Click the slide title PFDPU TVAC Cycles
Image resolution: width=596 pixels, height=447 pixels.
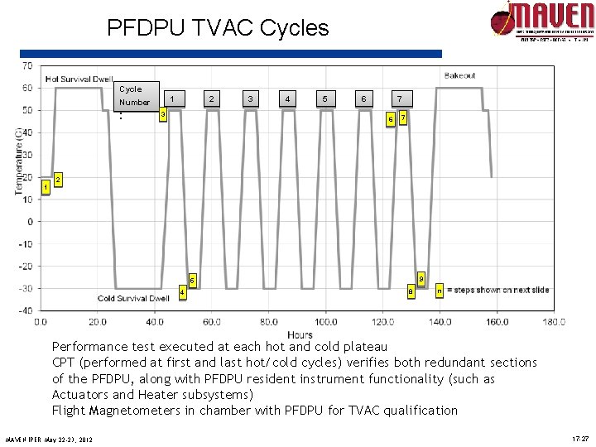pyautogui.click(x=218, y=28)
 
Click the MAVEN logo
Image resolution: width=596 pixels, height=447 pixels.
pyautogui.click(x=541, y=21)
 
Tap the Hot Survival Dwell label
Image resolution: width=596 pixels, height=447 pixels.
pyautogui.click(x=79, y=79)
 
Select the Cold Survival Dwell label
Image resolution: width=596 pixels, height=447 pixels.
pyautogui.click(x=133, y=298)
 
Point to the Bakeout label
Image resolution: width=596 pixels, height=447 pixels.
pyautogui.click(x=459, y=75)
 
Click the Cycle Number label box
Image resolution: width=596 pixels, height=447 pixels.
pyautogui.click(x=136, y=96)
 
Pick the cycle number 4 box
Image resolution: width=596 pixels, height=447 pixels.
pyautogui.click(x=287, y=99)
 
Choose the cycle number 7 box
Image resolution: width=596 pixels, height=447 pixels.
pyautogui.click(x=399, y=99)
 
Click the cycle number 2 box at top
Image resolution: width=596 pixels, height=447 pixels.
pyautogui.click(x=212, y=99)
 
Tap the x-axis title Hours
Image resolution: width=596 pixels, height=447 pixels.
pyautogui.click(x=300, y=334)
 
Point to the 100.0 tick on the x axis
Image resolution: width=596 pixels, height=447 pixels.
pyautogui.click(x=325, y=321)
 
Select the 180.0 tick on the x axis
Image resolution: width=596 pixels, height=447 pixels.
pyautogui.click(x=554, y=321)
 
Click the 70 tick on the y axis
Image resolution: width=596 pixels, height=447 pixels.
pyautogui.click(x=27, y=65)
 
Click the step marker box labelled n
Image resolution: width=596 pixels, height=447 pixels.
pyautogui.click(x=440, y=290)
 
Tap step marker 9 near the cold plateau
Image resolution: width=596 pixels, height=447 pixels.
pyautogui.click(x=421, y=278)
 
